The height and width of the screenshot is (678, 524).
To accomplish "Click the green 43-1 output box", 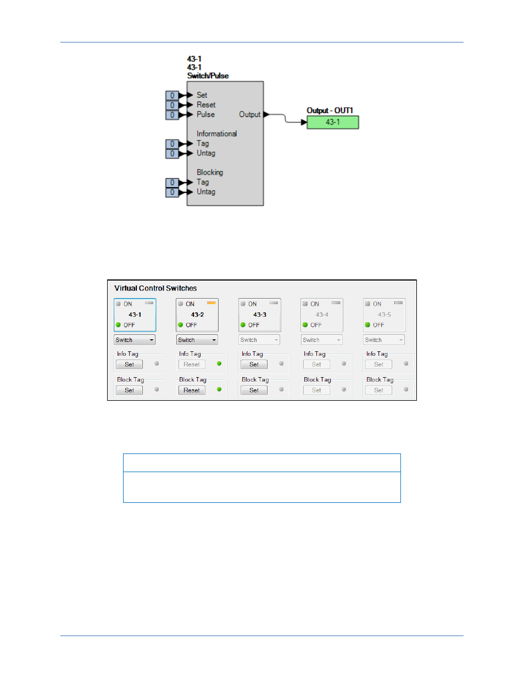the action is click(333, 122).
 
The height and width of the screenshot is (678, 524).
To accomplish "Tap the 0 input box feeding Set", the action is click(172, 95).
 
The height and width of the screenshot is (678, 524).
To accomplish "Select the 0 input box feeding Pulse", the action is click(172, 115).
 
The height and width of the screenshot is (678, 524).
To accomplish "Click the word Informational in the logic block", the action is click(216, 133).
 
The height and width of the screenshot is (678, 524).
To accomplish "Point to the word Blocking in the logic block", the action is click(210, 172).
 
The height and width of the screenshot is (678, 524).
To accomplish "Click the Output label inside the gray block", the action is click(250, 115).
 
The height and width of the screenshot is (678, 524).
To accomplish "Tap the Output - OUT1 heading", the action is click(330, 110).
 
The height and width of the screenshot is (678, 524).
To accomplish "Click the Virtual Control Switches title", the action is click(155, 288).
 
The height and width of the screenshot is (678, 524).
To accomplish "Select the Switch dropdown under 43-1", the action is click(135, 340).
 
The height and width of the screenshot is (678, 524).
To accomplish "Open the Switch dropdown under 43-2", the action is click(197, 340).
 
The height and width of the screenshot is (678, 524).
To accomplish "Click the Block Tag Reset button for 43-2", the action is click(192, 390).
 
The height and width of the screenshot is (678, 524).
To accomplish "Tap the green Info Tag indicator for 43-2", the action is click(219, 363).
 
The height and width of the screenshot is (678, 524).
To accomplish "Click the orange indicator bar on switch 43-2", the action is click(211, 302).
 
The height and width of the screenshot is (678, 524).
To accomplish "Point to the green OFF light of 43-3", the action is click(243, 325).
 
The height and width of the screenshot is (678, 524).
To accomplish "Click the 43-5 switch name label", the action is click(384, 315).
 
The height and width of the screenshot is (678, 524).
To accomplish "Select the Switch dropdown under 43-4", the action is click(322, 340).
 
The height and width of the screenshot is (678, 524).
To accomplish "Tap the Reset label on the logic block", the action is click(206, 105).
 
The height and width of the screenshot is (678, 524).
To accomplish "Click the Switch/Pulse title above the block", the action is click(208, 76).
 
